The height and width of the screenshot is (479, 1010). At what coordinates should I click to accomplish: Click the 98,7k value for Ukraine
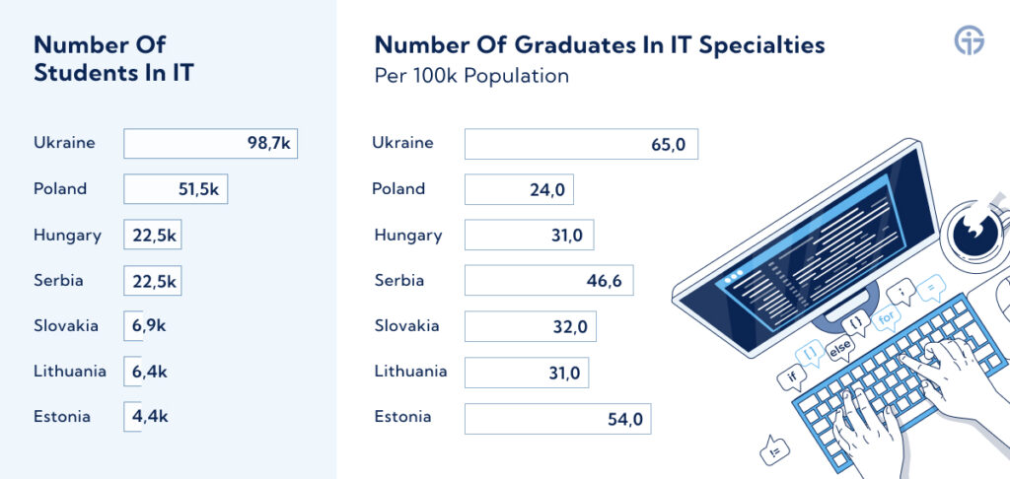(269, 144)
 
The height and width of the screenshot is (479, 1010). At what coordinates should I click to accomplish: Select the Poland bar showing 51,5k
(176, 189)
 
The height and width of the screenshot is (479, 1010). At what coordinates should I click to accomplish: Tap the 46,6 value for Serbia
(605, 281)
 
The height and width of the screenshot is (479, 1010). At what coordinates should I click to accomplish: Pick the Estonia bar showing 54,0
(558, 419)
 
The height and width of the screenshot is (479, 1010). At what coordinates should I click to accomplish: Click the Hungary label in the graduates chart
(408, 235)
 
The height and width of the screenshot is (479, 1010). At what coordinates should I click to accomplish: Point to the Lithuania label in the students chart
(70, 371)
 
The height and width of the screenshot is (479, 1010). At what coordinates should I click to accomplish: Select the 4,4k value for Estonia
(150, 417)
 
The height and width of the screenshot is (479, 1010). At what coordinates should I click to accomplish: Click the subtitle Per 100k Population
(471, 76)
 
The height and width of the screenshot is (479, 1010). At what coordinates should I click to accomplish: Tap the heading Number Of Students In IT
(113, 58)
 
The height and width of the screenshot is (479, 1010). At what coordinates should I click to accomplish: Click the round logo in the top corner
(970, 41)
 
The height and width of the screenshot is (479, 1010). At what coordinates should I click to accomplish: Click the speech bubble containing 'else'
(839, 351)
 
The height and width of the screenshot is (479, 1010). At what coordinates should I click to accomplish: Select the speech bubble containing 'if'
(792, 377)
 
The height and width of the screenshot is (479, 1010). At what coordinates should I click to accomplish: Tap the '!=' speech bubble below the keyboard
(773, 449)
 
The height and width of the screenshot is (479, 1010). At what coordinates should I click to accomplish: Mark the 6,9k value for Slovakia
(149, 326)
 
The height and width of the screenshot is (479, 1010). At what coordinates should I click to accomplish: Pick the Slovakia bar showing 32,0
(530, 326)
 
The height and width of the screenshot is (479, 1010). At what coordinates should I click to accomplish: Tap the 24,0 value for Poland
(546, 190)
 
